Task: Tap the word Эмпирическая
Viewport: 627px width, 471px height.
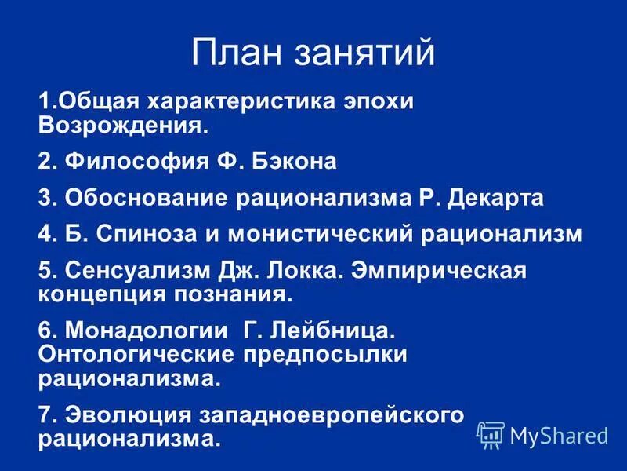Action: click(447, 271)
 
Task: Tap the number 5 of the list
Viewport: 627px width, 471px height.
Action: click(44, 271)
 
